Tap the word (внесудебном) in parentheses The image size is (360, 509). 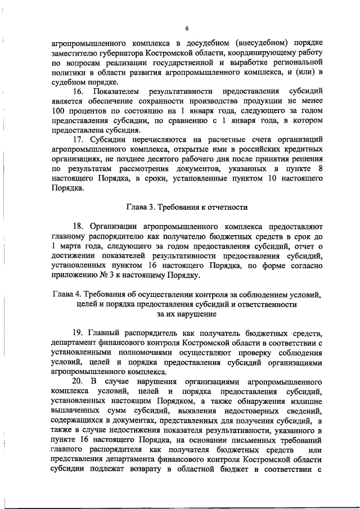point(246,43)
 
